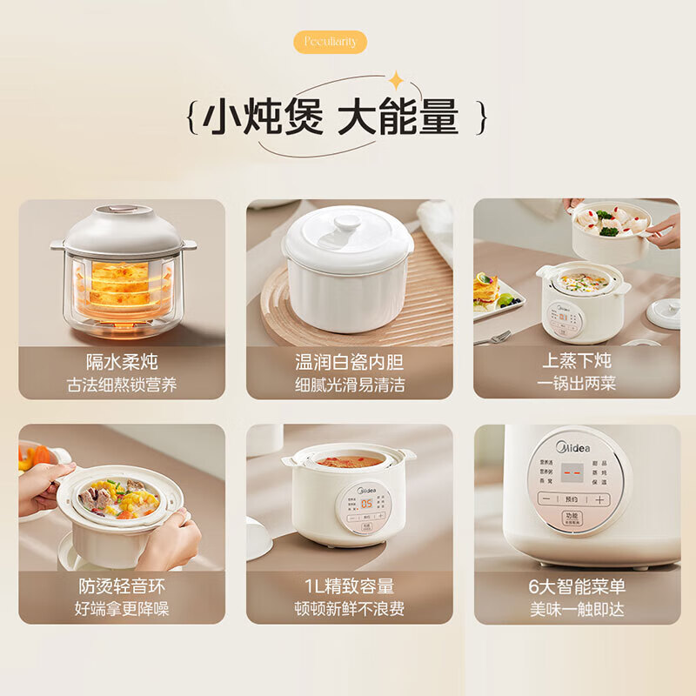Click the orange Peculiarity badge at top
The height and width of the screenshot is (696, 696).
pos(331,42)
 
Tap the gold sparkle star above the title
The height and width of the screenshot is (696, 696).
pos(396,81)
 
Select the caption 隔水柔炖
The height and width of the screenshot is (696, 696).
pos(122,361)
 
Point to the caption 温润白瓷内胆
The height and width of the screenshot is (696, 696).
pos(349,361)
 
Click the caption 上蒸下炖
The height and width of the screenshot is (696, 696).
pos(577,361)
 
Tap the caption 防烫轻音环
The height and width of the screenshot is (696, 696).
pos(122,586)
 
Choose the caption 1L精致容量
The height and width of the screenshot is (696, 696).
pos(349,586)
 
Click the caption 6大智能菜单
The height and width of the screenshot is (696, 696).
pos(577,586)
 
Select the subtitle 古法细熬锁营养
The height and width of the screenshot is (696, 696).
pos(122,385)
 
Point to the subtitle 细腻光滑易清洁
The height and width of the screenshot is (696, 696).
pos(349,385)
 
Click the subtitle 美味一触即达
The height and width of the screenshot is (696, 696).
pos(577,609)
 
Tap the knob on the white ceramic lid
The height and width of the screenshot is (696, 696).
pos(348,224)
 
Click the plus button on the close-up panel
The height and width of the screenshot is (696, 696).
pos(599,499)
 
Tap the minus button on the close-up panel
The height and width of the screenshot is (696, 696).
pos(546,499)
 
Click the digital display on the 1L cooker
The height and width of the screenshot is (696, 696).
pos(367,503)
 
